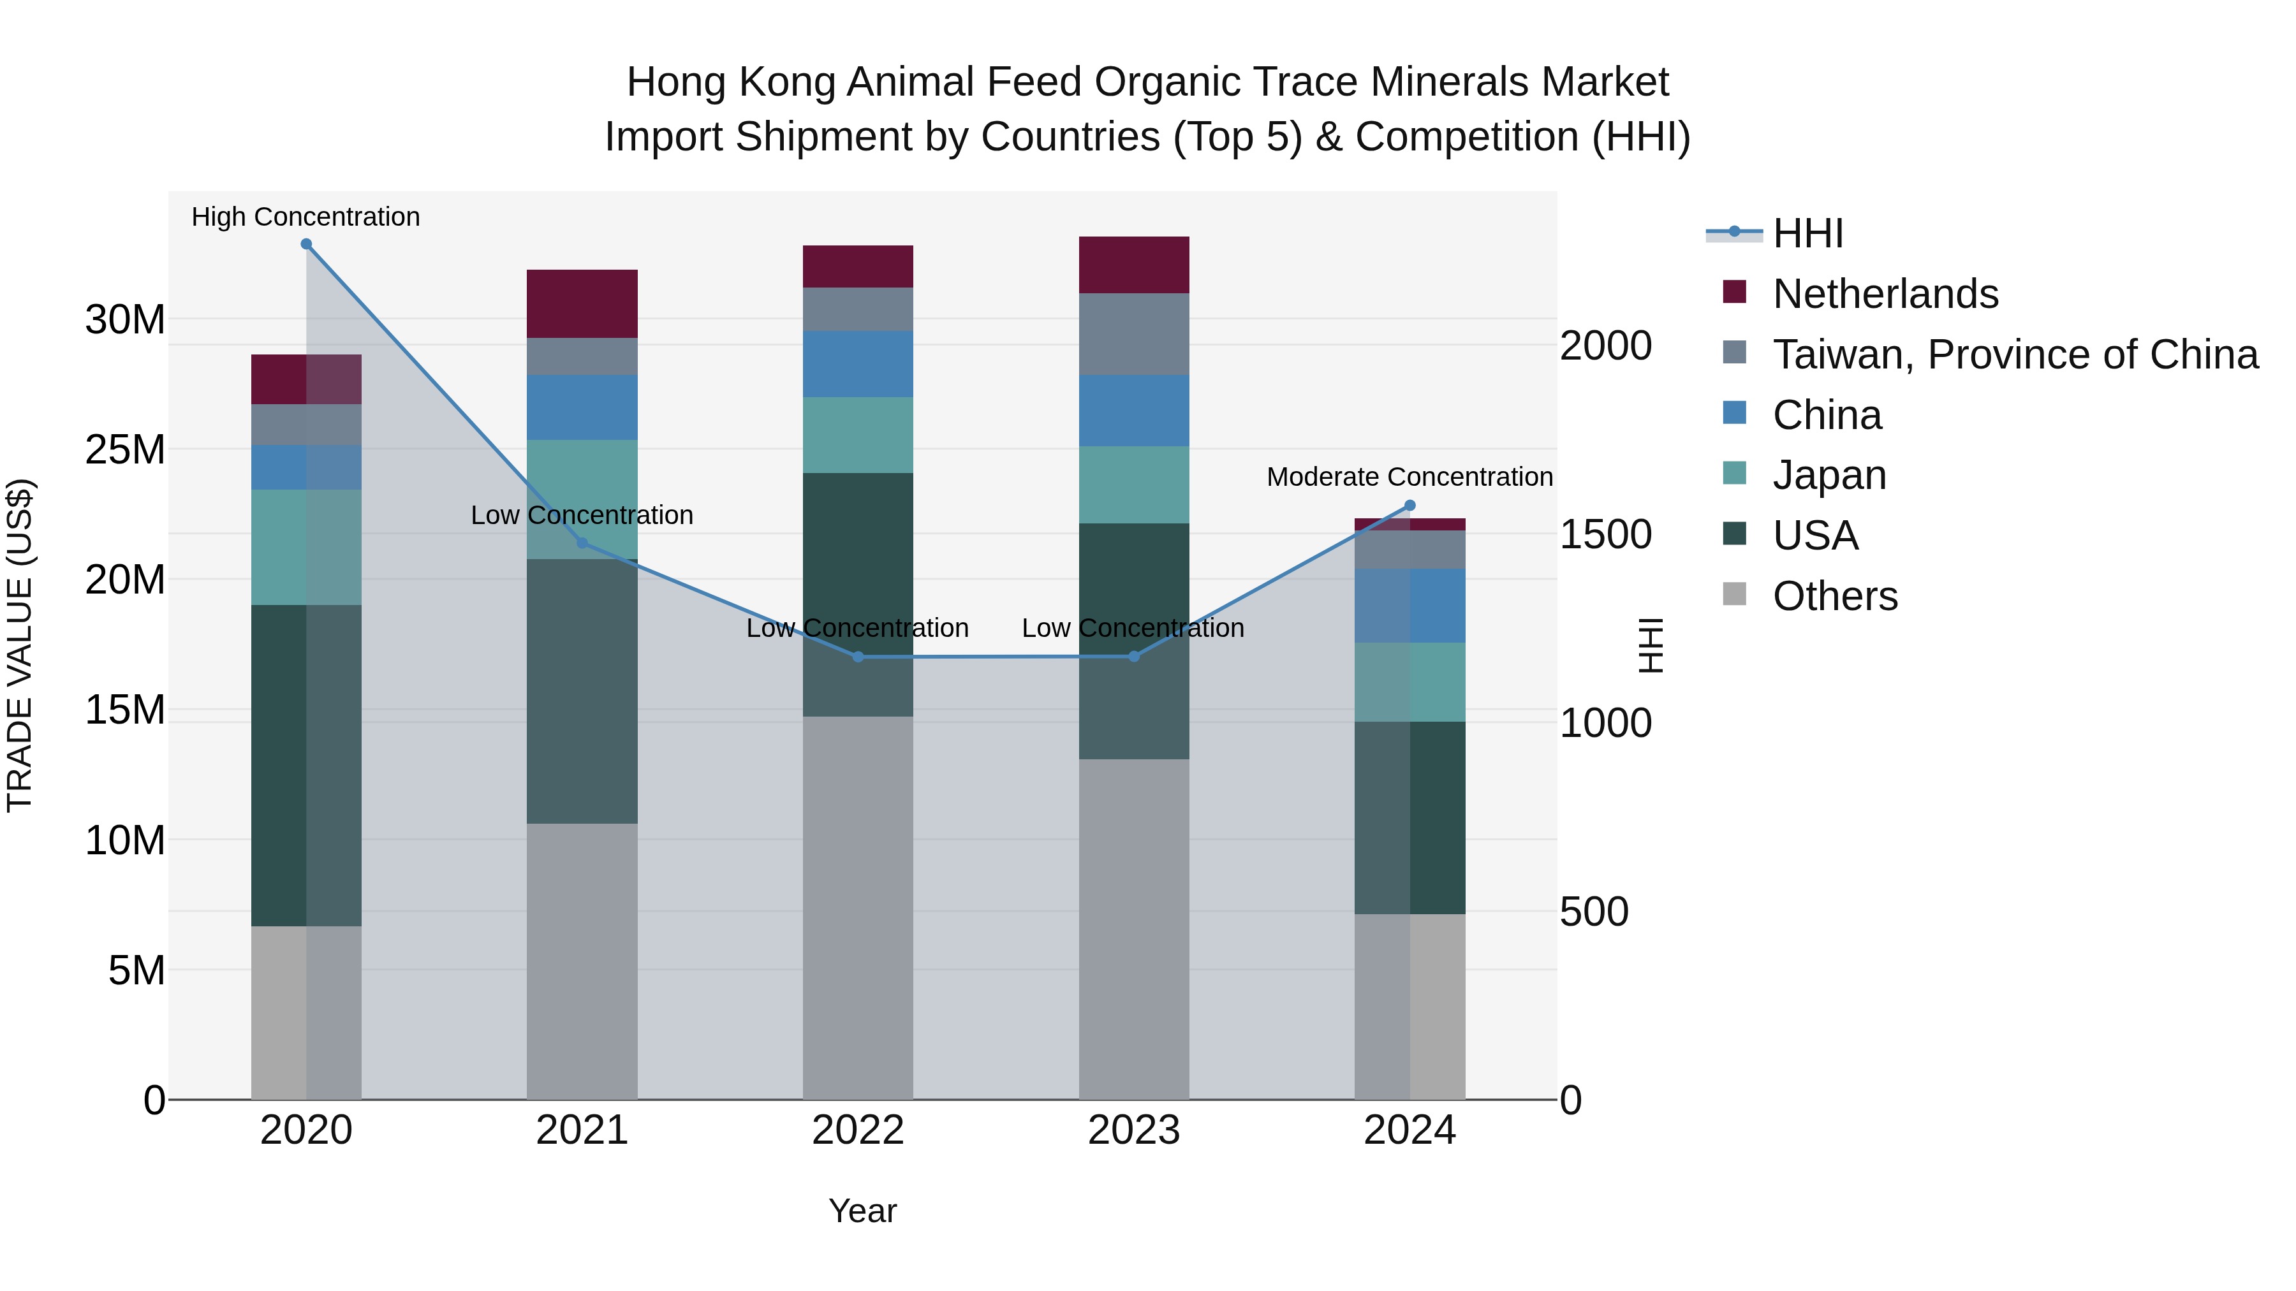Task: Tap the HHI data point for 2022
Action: [857, 657]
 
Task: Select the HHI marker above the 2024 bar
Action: [1409, 505]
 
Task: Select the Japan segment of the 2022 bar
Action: [857, 435]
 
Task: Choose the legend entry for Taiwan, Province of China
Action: [2014, 354]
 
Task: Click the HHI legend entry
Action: [1807, 233]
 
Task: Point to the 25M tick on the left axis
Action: [125, 450]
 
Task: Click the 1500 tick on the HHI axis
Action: [1605, 535]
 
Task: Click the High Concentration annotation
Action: [305, 217]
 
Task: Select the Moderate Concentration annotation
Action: [1409, 477]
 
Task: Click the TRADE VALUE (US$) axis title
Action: [20, 646]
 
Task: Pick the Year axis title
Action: [862, 1211]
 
